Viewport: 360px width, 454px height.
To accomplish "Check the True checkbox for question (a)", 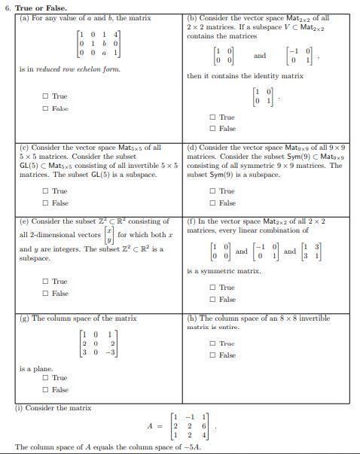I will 46,96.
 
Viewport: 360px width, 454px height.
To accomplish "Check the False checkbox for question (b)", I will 212,128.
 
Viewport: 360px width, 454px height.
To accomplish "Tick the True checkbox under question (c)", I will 46,191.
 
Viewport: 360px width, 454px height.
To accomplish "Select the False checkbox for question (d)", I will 212,203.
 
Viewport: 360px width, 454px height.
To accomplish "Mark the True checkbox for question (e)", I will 46,282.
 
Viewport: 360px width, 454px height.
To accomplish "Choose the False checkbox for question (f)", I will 212,300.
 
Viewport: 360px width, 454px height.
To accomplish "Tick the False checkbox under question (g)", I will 46,389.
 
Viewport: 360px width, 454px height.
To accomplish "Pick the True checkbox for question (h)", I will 212,344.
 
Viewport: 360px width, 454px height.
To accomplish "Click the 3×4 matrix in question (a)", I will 93,44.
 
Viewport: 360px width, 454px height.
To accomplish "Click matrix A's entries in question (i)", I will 194,425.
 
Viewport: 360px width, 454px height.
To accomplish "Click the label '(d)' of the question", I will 192,148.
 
